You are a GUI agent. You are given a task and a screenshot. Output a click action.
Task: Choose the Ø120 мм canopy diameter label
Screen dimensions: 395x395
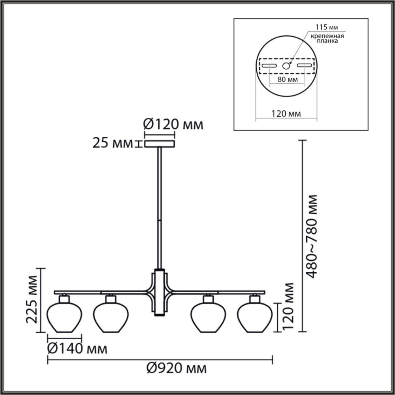coord(173,125)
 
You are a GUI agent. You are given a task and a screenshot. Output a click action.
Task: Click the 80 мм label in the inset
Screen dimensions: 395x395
coord(287,80)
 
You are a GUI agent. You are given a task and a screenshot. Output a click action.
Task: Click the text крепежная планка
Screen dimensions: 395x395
coord(326,38)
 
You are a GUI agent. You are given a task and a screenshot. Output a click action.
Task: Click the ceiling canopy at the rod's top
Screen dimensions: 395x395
coord(159,143)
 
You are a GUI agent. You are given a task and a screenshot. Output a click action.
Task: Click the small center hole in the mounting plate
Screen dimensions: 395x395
coord(286,66)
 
